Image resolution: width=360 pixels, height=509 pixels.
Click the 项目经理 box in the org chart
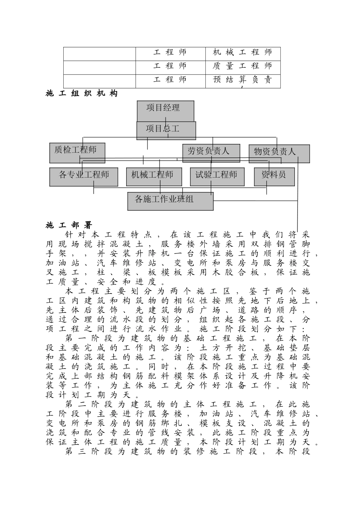tap(165, 110)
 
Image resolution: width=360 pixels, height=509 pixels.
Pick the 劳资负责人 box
tap(211, 153)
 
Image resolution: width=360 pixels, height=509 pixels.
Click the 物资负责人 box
tap(279, 153)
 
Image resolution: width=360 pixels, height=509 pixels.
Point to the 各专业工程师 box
tap(83, 176)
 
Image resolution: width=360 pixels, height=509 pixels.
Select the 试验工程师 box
tap(217, 176)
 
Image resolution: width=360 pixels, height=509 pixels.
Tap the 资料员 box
tap(274, 176)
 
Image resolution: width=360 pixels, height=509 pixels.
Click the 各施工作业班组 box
tap(170, 201)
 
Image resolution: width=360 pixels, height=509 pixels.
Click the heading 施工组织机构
tap(81, 94)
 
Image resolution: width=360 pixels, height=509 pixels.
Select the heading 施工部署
tap(69, 226)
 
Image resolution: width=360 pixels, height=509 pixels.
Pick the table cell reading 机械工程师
tap(243, 53)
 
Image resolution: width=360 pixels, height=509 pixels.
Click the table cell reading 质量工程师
tap(243, 66)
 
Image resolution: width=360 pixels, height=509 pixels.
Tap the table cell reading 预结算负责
tap(243, 80)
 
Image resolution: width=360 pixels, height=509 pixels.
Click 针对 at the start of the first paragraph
tap(74, 235)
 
